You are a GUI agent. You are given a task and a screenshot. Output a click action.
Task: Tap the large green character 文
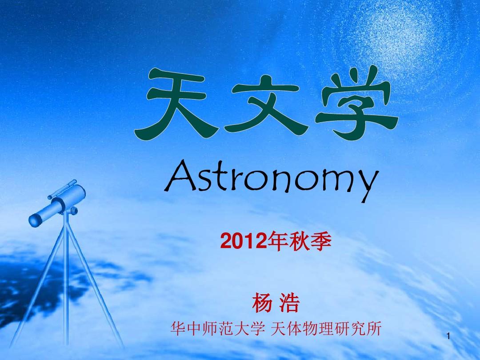[x=266, y=104]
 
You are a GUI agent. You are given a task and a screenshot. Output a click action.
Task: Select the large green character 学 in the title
[x=357, y=103]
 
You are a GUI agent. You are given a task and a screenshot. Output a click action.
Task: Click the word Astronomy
[x=272, y=180]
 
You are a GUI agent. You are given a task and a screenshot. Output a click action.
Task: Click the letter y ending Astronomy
[x=368, y=185]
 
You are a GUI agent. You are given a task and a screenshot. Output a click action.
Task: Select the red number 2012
[x=244, y=241]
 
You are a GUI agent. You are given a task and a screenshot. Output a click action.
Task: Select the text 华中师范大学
[x=218, y=328]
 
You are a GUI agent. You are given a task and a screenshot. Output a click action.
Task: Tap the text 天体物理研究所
[x=326, y=328]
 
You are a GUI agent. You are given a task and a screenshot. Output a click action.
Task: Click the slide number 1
[x=448, y=336]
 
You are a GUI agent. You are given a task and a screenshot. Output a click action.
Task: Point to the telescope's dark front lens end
[x=35, y=220]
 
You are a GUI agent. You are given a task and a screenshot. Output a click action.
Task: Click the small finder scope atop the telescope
[x=62, y=189]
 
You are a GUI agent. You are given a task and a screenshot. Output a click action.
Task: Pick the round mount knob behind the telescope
[x=74, y=211]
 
